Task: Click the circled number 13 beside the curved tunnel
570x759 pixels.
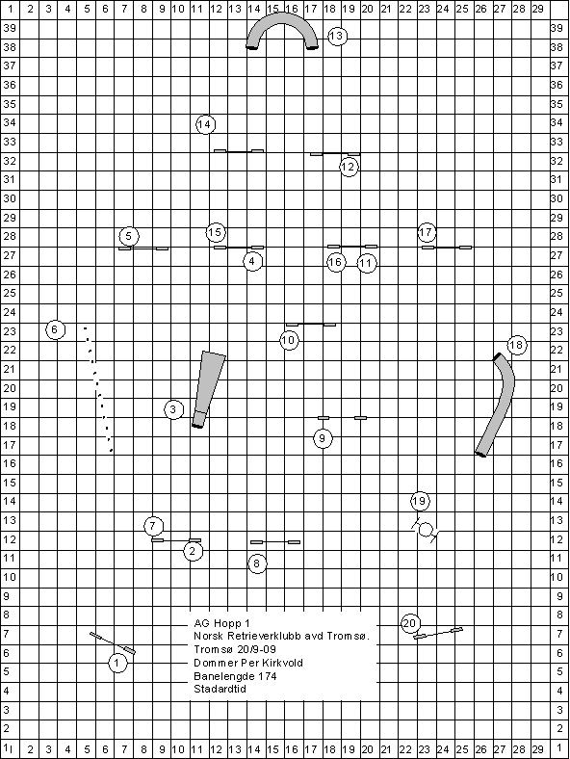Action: pos(337,36)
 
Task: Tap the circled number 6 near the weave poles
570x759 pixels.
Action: pos(55,330)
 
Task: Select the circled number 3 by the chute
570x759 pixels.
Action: pos(173,409)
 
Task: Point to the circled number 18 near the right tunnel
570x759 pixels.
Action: pos(517,345)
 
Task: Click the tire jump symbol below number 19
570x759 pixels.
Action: pos(426,530)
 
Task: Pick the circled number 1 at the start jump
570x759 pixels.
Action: pos(117,663)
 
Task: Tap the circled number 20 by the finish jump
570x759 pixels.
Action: pos(410,623)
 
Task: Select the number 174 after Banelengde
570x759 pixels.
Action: pos(267,676)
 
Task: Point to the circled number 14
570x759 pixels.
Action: pos(205,124)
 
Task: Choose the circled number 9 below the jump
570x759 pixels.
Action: pos(323,438)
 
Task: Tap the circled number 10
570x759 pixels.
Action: pos(289,340)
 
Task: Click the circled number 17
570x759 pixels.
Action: pos(427,232)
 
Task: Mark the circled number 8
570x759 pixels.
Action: pos(257,563)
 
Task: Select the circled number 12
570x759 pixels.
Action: pos(349,167)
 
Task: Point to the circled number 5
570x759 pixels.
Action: pos(129,236)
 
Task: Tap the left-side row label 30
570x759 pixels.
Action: pos(10,198)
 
